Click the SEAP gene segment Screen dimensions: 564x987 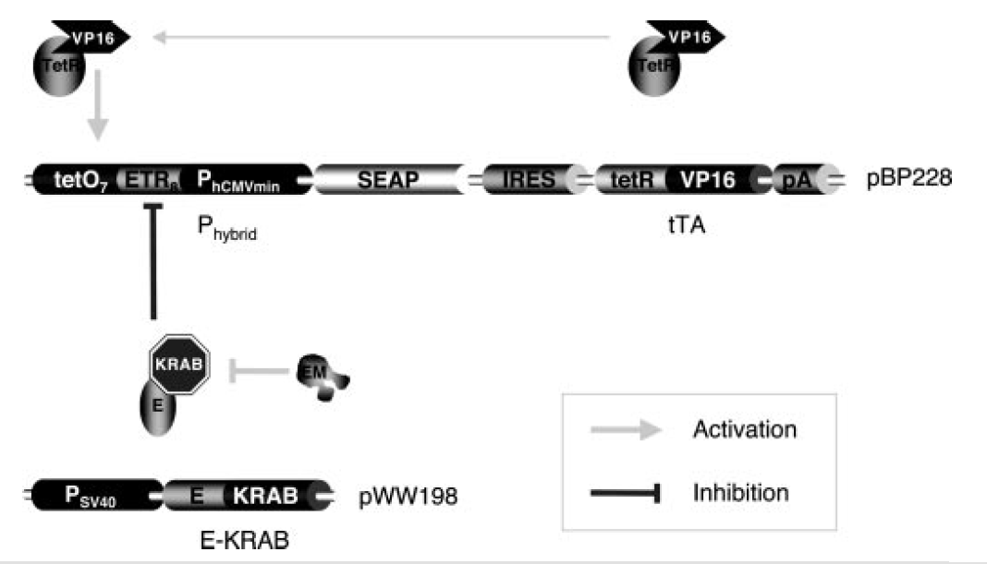point(388,178)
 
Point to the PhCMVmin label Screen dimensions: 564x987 point(251,178)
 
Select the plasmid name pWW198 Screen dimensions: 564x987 point(408,498)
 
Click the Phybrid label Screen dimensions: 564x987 point(227,227)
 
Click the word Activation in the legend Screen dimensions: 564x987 point(744,429)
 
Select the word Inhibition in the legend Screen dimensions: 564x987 point(740,493)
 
